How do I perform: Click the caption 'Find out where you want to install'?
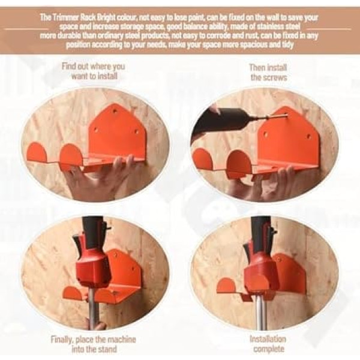click(93, 71)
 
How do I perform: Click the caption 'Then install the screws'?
click(268, 73)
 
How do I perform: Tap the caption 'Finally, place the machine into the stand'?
click(94, 344)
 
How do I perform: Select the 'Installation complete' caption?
click(268, 344)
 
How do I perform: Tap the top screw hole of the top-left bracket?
click(115, 112)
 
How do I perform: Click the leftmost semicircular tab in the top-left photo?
click(37, 152)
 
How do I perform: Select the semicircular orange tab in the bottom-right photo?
click(226, 285)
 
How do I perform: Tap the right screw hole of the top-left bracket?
click(136, 132)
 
